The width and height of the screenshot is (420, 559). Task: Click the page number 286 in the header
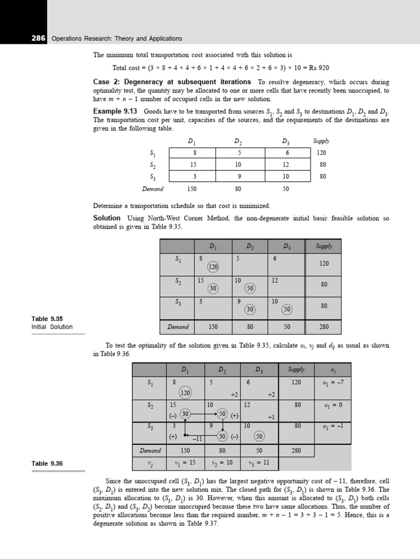(39, 39)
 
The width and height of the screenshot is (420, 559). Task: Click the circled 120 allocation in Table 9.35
(213, 267)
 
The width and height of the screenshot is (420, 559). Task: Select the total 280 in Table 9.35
(324, 327)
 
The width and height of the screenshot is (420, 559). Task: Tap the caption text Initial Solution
(52, 327)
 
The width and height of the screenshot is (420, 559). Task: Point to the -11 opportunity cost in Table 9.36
(197, 438)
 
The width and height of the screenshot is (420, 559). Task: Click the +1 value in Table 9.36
(270, 417)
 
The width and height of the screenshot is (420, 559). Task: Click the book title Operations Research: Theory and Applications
(116, 39)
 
